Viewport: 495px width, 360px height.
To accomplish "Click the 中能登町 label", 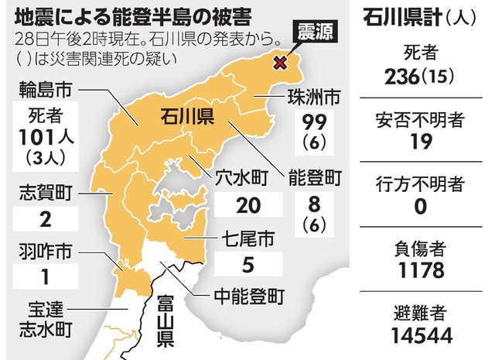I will coord(248,296).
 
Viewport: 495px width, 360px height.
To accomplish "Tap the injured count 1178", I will coord(421,270).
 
